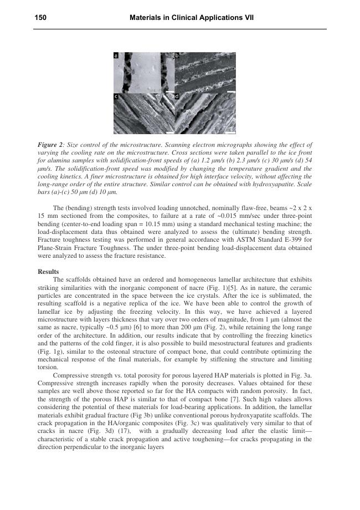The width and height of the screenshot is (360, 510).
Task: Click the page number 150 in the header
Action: point(40,18)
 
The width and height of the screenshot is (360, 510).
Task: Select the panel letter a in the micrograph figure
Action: point(116,56)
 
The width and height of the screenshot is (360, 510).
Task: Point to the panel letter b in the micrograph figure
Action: point(177,56)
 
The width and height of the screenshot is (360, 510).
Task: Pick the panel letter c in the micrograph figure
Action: point(116,96)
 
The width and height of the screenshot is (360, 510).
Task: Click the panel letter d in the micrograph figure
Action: point(177,96)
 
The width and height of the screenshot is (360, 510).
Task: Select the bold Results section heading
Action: point(48,272)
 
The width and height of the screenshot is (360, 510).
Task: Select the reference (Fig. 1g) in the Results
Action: point(50,351)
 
